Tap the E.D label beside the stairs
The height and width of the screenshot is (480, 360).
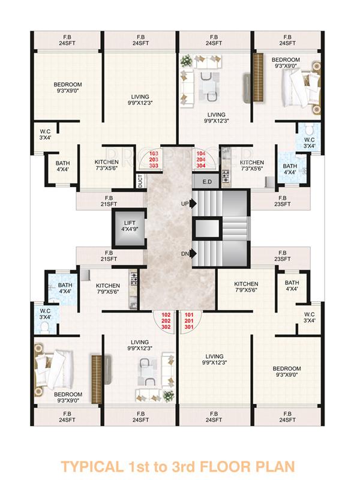(208, 181)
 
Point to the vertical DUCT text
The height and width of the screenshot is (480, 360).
(140, 180)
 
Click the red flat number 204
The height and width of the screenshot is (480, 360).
(201, 160)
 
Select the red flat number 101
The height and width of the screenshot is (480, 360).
(189, 315)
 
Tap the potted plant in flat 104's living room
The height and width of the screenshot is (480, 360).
(186, 61)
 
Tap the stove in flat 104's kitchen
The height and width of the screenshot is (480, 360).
(227, 175)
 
